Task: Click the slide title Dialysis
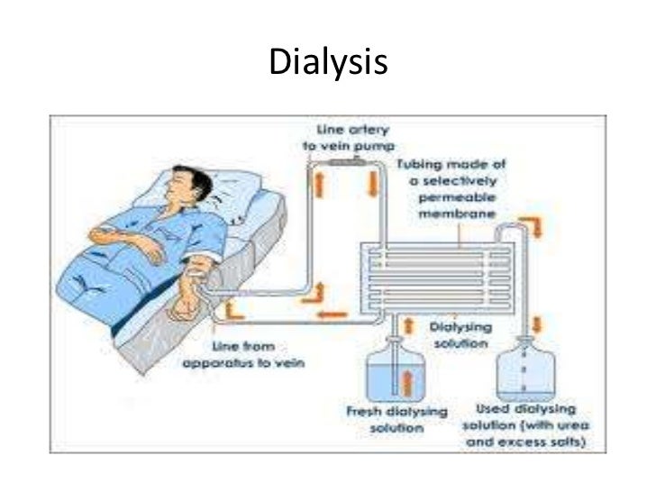pyautogui.click(x=327, y=63)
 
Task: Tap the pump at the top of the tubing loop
pyautogui.click(x=343, y=163)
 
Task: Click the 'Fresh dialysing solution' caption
pyautogui.click(x=397, y=418)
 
